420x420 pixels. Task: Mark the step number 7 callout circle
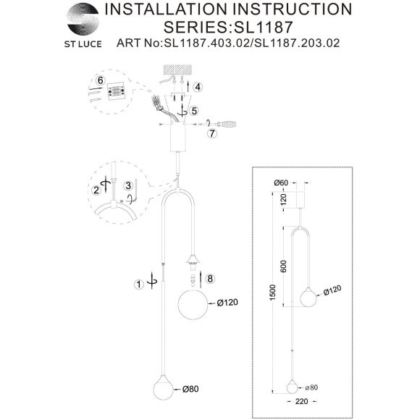tap(212, 134)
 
